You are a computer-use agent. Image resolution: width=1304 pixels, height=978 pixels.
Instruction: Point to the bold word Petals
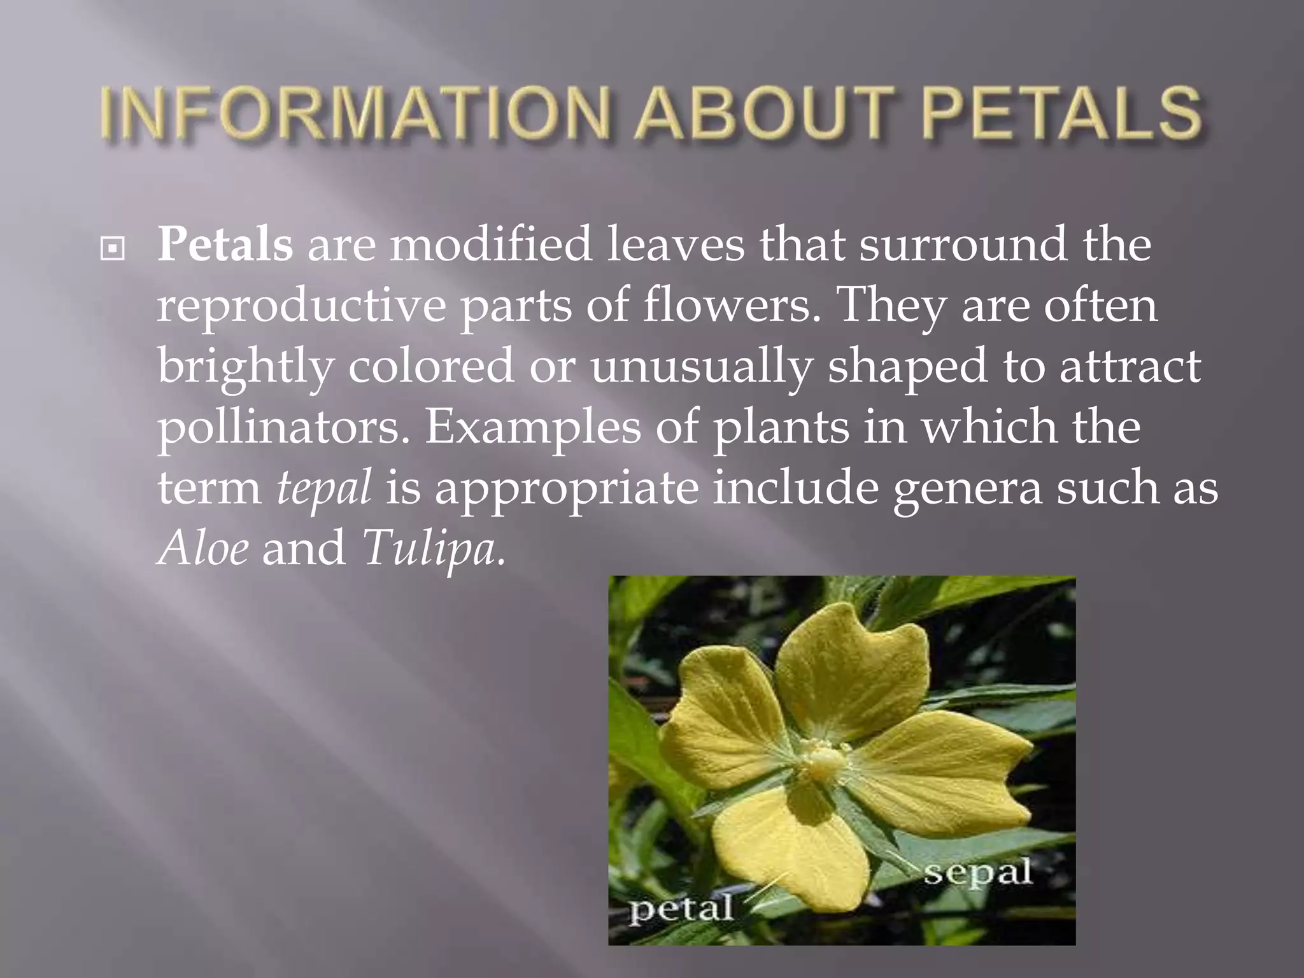(225, 245)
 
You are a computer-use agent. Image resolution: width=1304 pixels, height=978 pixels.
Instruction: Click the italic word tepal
(323, 488)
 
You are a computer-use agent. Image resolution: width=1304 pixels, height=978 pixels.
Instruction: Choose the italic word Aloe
(203, 548)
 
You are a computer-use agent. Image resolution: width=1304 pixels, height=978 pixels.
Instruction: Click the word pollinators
(284, 428)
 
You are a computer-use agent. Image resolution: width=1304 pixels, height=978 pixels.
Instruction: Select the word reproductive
(302, 307)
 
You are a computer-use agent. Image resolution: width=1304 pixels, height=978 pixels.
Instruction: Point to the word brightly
(246, 368)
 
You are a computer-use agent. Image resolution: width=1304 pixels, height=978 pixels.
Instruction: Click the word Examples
(533, 428)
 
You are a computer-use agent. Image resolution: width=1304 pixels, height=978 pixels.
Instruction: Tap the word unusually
(702, 368)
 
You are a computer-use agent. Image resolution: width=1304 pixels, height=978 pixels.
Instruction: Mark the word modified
(491, 245)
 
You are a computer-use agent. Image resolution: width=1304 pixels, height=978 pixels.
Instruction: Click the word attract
(1130, 367)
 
